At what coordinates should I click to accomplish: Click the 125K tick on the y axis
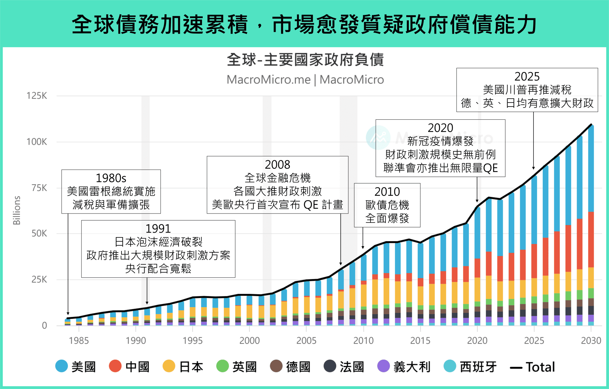click(x=37, y=96)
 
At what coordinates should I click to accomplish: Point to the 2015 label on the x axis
click(x=420, y=340)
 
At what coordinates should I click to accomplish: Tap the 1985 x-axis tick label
click(x=79, y=340)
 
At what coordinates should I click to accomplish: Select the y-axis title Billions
click(x=16, y=210)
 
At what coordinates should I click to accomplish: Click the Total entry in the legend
click(x=533, y=367)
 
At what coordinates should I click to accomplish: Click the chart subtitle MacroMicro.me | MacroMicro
click(x=305, y=80)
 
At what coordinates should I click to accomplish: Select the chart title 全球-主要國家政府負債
click(x=305, y=60)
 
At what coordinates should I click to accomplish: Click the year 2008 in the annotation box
click(x=278, y=164)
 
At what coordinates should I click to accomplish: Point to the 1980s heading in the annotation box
click(x=111, y=178)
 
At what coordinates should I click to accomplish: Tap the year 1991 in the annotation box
click(x=158, y=228)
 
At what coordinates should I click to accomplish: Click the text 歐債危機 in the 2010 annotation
click(x=387, y=205)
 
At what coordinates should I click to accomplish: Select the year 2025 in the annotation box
click(x=527, y=76)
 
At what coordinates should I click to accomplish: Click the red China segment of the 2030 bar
click(x=591, y=240)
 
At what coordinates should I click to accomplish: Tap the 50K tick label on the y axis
click(x=39, y=234)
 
